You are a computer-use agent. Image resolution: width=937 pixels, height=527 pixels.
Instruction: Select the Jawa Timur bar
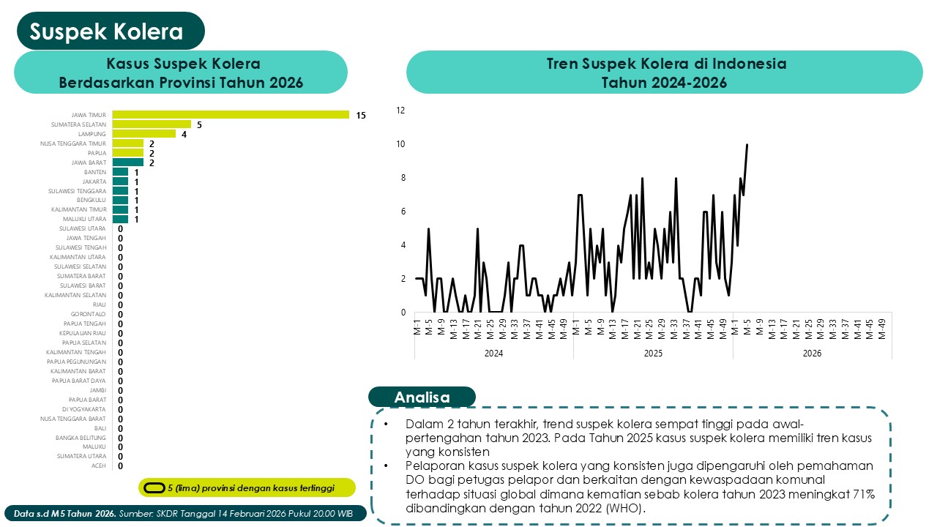(231, 115)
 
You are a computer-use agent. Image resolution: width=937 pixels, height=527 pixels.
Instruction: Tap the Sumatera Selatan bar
(152, 124)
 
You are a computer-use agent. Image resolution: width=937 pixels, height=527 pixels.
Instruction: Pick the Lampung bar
(144, 134)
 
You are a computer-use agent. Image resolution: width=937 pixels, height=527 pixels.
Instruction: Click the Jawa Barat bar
(128, 162)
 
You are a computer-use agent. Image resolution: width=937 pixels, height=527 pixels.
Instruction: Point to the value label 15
(361, 116)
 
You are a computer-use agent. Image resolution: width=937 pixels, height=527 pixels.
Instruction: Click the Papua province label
(97, 153)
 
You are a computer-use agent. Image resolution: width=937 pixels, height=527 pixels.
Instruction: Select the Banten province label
(95, 172)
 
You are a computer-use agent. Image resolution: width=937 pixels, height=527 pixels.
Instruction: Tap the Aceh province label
(98, 466)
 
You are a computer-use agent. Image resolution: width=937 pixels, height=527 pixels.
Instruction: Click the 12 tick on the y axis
(400, 111)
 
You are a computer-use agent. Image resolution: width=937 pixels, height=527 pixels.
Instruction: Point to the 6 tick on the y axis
(402, 212)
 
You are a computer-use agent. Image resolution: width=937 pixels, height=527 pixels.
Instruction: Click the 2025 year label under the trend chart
(653, 354)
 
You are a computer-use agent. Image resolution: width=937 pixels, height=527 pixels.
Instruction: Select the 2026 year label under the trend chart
(812, 354)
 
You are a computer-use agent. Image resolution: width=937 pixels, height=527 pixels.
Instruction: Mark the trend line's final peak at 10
(747, 145)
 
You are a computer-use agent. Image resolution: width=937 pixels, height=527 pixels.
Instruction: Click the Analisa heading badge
(422, 397)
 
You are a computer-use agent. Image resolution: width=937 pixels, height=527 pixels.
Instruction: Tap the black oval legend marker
(154, 487)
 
